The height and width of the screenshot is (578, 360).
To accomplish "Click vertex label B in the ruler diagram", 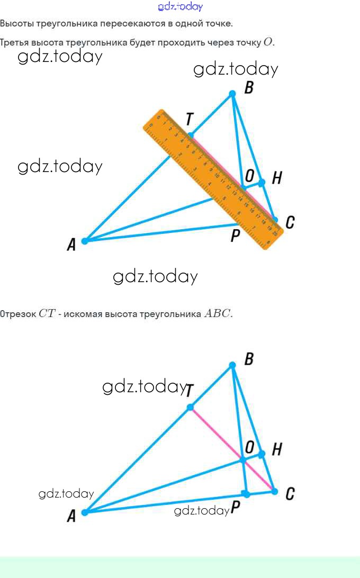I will click(249, 88).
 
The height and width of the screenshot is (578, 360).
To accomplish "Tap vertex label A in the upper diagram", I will click(71, 245).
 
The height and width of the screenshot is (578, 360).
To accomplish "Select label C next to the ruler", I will click(290, 223).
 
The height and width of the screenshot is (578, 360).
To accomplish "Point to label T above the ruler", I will click(189, 120).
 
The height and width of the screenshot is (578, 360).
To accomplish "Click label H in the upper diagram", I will click(276, 178).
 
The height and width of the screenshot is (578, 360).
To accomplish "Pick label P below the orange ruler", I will click(236, 236).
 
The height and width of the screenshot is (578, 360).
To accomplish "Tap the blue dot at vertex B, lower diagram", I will click(232, 365).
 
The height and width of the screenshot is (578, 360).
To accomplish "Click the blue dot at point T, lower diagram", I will click(190, 408).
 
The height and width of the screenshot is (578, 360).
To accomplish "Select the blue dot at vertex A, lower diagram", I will click(85, 512).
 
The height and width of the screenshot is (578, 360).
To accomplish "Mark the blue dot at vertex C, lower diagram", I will click(274, 491).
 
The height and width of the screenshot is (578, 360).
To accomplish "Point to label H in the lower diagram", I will click(276, 450).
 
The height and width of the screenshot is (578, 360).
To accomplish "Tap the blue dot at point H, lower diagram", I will click(262, 454).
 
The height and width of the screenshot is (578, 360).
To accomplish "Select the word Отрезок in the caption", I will click(17, 314).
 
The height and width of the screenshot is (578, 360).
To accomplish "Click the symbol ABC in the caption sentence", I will click(217, 313).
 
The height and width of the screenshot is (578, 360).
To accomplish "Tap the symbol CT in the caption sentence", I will click(47, 313).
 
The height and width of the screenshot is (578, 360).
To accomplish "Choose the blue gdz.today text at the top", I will click(180, 6).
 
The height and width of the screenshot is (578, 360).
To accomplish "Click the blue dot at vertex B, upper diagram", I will click(232, 94).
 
